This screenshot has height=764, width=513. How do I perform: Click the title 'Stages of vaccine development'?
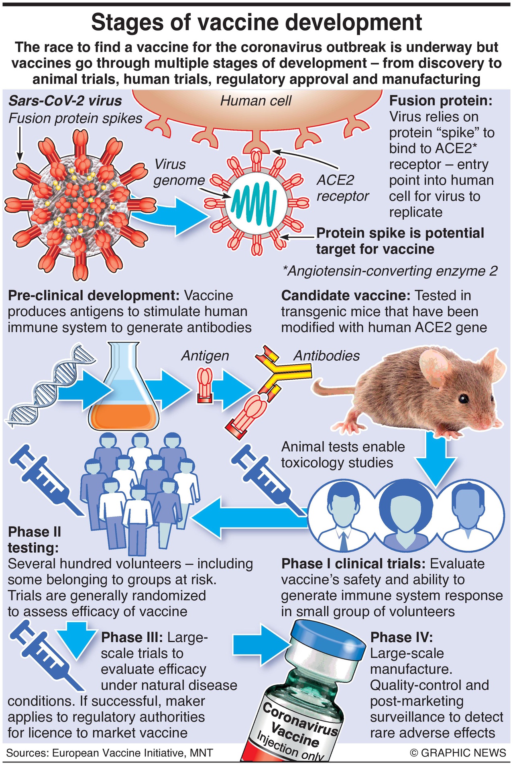tap(256, 22)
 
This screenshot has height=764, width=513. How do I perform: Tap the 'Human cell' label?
tap(256, 101)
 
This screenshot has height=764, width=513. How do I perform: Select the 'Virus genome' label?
tap(177, 172)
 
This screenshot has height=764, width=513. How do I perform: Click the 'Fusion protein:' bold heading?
tap(440, 100)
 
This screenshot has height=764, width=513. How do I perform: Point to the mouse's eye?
tap(464, 398)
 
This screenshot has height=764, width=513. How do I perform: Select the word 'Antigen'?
tap(205, 356)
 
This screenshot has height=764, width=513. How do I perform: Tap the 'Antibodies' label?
tap(326, 356)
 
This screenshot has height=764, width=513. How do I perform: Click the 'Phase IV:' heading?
tap(401, 637)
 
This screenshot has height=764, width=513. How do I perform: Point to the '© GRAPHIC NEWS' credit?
tap(458, 752)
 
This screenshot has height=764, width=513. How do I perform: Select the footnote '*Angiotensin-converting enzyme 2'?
tap(390, 271)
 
